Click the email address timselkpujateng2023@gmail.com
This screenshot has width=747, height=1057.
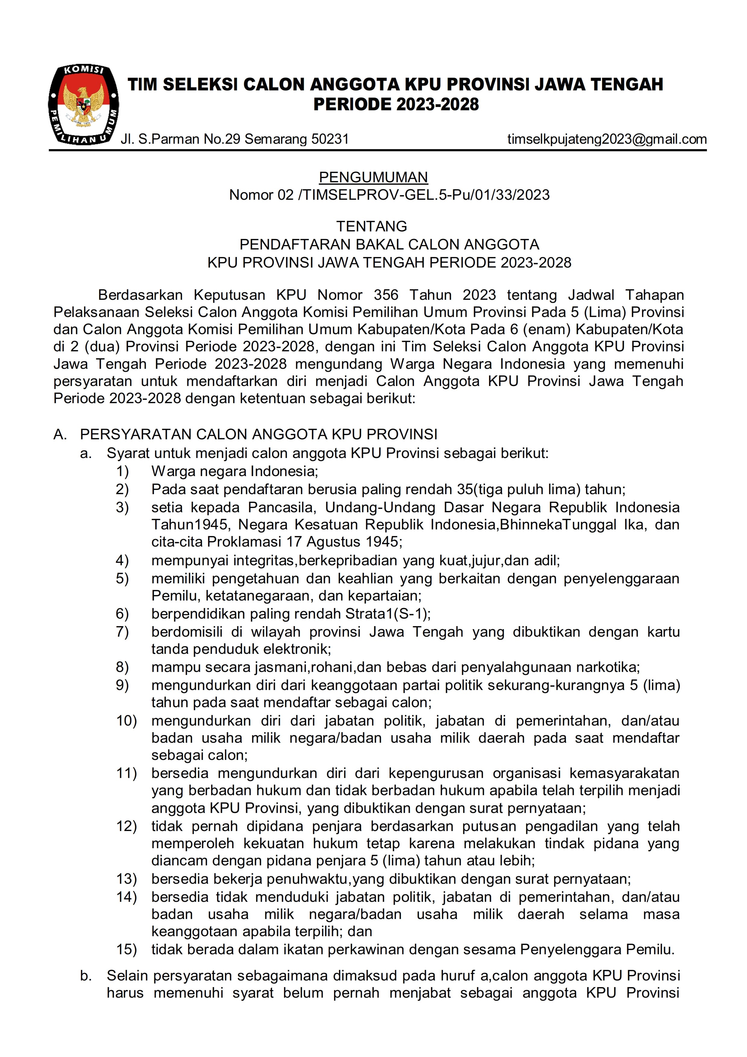[x=607, y=139]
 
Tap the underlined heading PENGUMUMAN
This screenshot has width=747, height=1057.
[x=373, y=177]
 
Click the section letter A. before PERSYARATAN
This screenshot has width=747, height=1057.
[x=60, y=434]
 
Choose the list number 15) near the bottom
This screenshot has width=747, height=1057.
[x=126, y=949]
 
